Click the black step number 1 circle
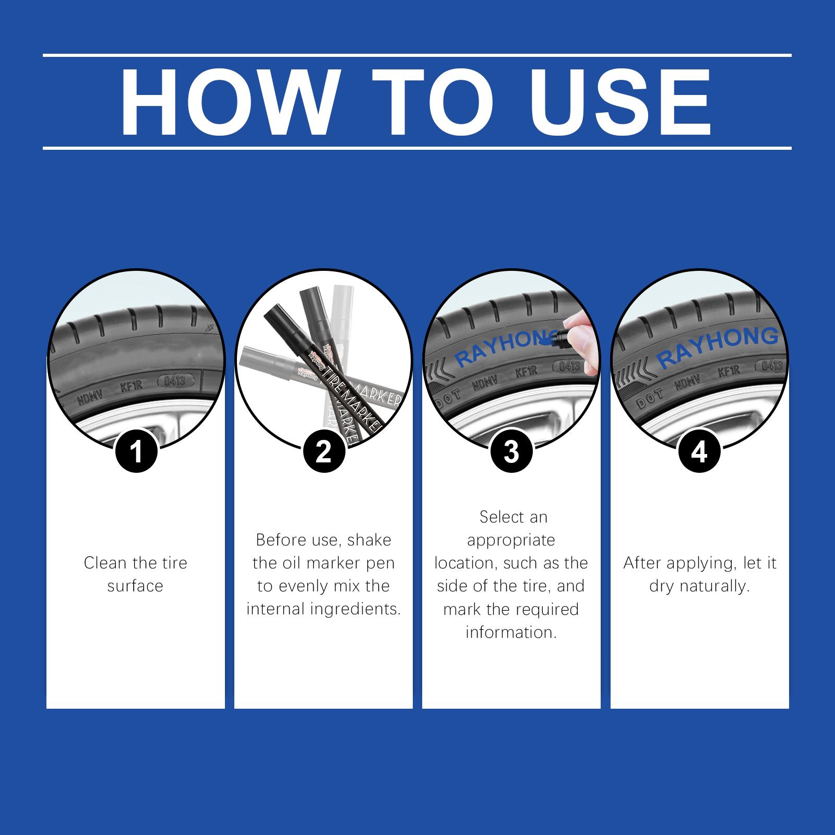(136, 451)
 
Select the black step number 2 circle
(324, 451)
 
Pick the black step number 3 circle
(511, 451)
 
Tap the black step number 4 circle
(699, 451)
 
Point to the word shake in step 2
(369, 540)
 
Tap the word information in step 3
(511, 633)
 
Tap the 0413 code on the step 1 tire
(175, 380)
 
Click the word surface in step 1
(136, 587)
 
